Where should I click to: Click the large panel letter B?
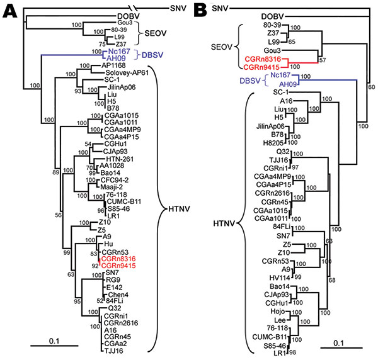200,11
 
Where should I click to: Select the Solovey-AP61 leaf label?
127,73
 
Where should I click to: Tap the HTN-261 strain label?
120,159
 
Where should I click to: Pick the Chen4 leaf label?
118,295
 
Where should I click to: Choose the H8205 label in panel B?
273,143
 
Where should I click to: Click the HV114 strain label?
280,278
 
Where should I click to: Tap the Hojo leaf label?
278,312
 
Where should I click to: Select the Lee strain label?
280,320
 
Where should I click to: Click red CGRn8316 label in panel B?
263,59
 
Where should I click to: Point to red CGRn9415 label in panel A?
118,266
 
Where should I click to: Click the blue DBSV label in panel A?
152,55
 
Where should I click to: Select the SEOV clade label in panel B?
221,47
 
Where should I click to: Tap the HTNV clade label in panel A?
179,209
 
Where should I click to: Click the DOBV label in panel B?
272,16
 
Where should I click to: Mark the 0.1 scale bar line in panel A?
54,346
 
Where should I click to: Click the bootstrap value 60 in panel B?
372,87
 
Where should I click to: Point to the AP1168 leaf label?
113,65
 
